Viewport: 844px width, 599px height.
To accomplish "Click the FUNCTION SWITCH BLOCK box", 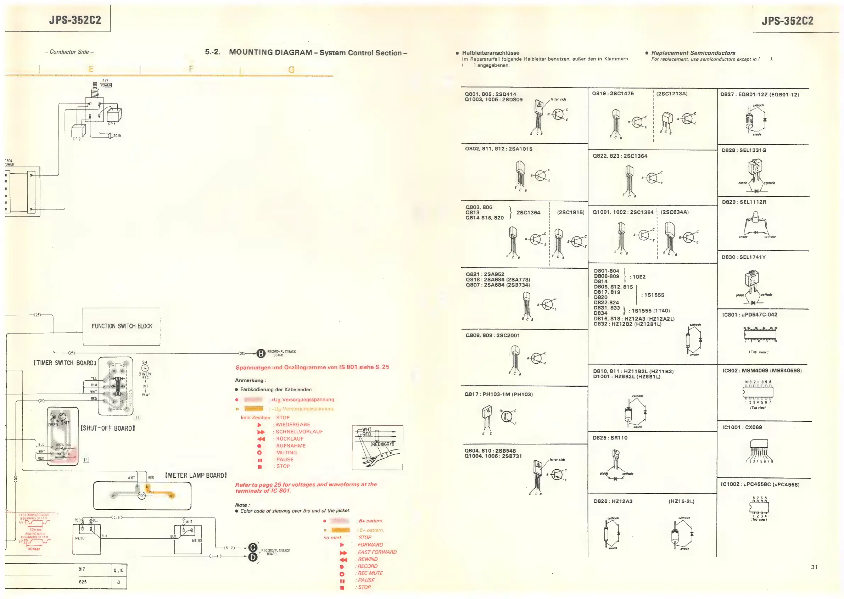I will [x=121, y=326].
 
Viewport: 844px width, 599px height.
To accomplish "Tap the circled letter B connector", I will [x=261, y=354].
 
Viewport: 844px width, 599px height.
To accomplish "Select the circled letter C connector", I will [x=253, y=548].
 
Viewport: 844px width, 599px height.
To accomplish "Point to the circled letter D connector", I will [x=253, y=557].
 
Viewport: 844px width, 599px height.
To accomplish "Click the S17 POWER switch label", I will [x=106, y=83].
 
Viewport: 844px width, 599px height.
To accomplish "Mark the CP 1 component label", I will [x=111, y=124].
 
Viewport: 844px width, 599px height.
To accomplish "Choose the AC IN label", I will [x=117, y=136].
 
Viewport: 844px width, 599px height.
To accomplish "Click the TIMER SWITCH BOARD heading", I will [x=65, y=363].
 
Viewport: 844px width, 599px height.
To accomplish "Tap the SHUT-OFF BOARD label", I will [x=108, y=428].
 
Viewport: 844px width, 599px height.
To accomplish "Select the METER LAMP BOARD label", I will [x=196, y=475].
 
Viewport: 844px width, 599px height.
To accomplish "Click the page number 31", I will [x=815, y=567].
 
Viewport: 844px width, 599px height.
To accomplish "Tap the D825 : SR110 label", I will [x=610, y=438].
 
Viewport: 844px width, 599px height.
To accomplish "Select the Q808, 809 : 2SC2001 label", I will [x=492, y=335].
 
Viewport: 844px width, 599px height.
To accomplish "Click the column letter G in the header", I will [x=291, y=69].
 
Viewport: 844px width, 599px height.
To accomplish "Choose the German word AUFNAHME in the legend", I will [x=291, y=446].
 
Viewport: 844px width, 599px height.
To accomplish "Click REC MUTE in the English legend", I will [x=370, y=573].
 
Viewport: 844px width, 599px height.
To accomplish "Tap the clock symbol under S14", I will [x=145, y=368].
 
